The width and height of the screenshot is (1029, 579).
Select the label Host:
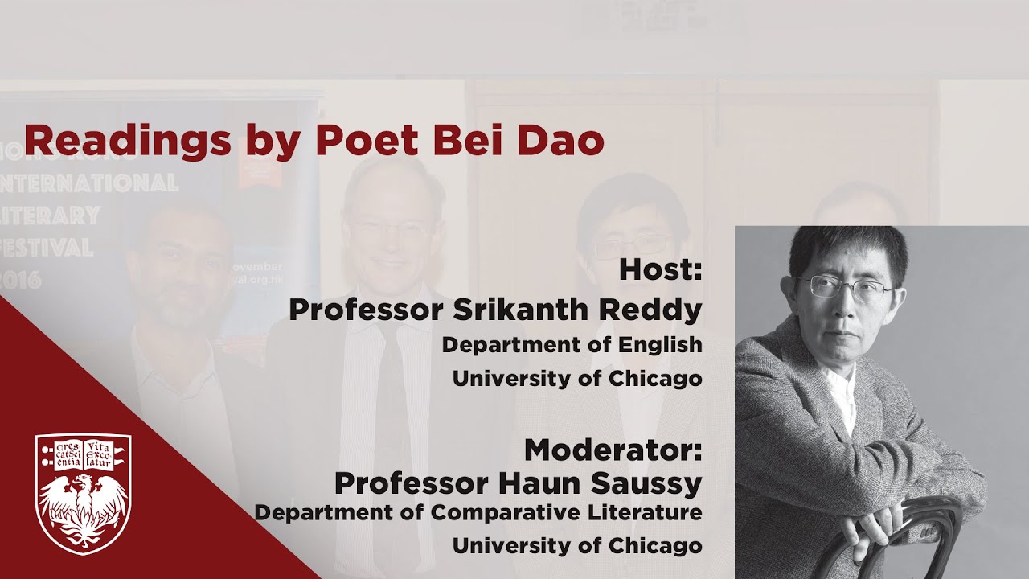660,269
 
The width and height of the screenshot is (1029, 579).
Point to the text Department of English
572,344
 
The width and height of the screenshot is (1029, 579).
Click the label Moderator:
613,449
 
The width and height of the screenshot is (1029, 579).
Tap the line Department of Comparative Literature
478,512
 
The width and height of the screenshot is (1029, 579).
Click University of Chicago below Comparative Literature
576,545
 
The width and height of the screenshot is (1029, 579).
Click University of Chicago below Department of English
576,378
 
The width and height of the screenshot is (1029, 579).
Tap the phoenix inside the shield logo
83,507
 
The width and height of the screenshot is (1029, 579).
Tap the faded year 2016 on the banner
24,279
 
